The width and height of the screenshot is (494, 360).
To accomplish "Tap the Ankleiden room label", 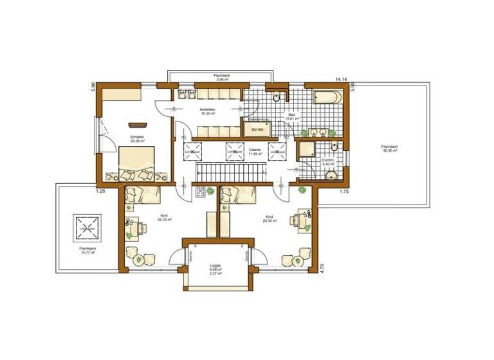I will point(207,111).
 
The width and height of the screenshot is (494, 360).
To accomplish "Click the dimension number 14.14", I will point(340,79).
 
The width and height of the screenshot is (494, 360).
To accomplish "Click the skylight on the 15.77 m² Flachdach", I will point(86,226).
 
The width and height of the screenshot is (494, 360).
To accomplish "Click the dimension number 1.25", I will point(100,191).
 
